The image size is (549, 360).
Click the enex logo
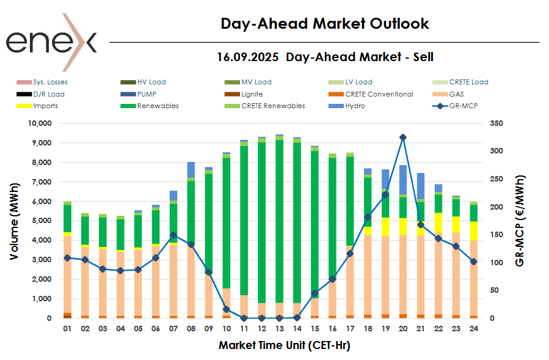51,42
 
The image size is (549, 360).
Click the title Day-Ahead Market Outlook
324,24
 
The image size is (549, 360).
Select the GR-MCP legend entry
455,106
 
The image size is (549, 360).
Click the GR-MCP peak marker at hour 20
403,138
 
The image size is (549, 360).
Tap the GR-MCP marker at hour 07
173,235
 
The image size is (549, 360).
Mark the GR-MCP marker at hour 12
261,318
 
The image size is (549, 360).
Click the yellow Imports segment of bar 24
474,230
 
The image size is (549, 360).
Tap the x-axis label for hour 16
332,328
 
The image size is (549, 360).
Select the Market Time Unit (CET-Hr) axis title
284,345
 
